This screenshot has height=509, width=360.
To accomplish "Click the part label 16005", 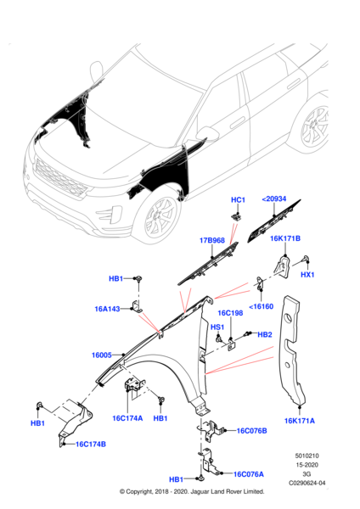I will [102, 355].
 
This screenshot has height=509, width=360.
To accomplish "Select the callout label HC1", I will [238, 200].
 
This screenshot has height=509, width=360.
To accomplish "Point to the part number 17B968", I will [212, 241].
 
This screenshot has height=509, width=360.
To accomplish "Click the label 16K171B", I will [286, 238].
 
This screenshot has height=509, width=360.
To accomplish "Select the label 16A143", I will [108, 310].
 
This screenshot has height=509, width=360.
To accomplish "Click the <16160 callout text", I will [261, 307].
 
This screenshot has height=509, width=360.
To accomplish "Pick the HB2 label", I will [265, 334].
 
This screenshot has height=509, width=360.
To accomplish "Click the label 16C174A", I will [127, 418].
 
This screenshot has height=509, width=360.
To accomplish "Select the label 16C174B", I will [91, 444].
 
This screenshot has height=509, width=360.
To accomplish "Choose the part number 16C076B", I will [251, 431].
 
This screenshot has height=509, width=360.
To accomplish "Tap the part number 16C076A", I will [250, 474].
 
